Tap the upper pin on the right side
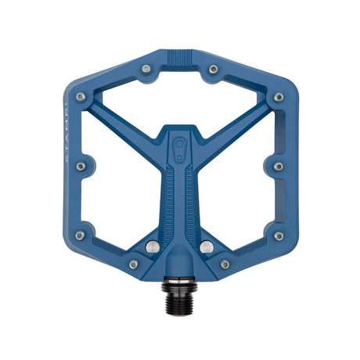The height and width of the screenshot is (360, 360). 278,98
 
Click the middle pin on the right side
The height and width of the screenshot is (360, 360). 278,166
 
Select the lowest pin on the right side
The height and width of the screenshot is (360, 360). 278,236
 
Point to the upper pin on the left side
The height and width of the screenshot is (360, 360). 81,98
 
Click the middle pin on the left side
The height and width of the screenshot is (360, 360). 81,166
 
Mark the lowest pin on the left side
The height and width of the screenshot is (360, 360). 81,236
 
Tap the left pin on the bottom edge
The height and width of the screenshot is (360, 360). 134,265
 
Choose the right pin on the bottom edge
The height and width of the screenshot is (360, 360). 225,265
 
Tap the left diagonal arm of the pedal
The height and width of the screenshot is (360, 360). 125,125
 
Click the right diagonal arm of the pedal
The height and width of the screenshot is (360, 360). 235,125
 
